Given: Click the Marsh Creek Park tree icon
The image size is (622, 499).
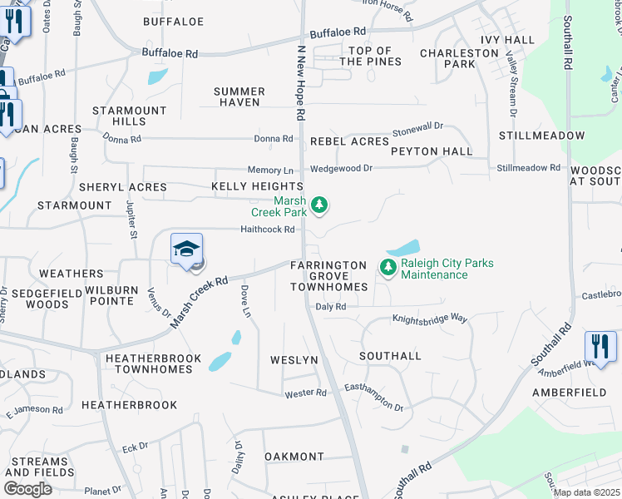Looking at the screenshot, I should click(x=318, y=205).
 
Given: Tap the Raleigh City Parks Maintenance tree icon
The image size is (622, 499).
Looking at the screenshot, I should click(x=387, y=267).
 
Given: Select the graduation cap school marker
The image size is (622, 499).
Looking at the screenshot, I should click(x=187, y=249).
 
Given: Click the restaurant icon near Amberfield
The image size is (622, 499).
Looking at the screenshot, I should click(x=600, y=344).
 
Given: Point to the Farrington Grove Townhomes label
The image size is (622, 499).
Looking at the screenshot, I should click(x=328, y=276).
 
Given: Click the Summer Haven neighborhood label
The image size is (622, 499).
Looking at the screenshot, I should click(x=239, y=96).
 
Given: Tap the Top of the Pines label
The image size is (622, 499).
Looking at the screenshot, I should click(x=371, y=57).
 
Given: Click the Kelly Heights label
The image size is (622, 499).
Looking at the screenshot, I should click(x=257, y=186).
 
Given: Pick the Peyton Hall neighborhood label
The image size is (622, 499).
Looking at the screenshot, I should click(x=432, y=151).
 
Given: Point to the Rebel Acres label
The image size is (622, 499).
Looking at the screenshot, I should click(x=349, y=142).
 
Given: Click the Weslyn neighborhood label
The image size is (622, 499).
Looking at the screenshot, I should click(x=294, y=360).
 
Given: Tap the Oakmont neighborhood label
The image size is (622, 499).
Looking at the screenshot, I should click(x=294, y=457).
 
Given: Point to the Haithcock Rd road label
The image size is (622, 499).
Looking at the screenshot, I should click(x=268, y=230).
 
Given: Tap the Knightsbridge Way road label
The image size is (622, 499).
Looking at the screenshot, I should click(x=430, y=319).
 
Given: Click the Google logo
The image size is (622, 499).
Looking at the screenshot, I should click(x=27, y=489).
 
